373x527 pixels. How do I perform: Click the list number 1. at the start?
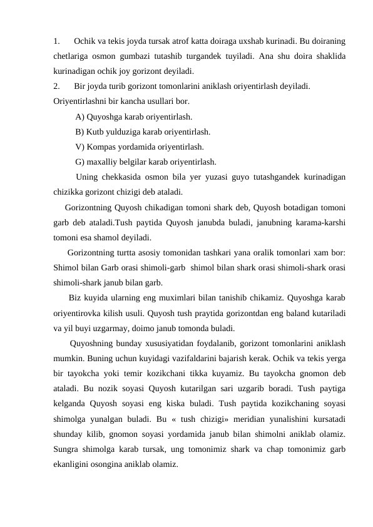(x=57, y=42)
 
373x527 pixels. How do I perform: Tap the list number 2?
(x=57, y=86)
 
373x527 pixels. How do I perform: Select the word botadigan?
(x=289, y=207)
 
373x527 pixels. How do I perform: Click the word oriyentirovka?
(x=79, y=313)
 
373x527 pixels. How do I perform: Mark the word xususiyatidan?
(x=166, y=343)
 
